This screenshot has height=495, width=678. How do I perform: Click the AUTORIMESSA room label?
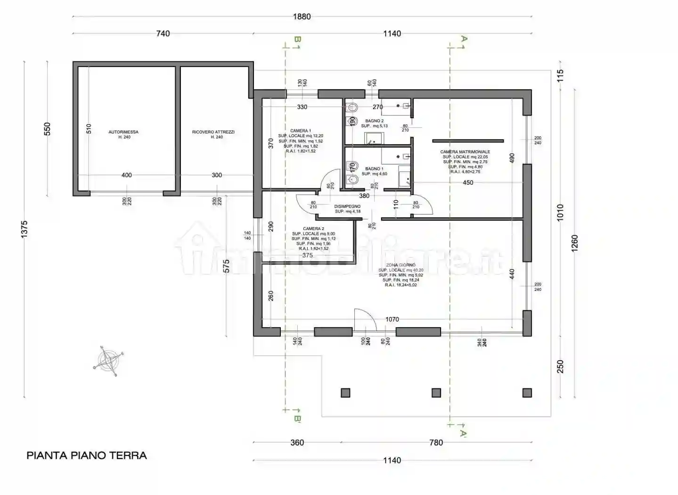coord(123,132)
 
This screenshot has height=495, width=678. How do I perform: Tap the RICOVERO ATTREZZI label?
coord(213,132)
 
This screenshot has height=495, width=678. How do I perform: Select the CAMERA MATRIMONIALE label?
coord(465,152)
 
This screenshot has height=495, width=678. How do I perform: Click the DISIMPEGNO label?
coord(347,206)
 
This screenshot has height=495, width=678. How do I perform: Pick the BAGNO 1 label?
coord(374,169)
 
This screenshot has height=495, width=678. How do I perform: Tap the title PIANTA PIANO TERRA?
coord(87,455)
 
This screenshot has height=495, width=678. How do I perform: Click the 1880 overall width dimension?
coord(302,16)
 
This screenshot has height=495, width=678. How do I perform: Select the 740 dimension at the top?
coord(163,33)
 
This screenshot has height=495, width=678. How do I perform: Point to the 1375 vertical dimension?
coord(25,229)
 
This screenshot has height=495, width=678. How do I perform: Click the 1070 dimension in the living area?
coord(392,319)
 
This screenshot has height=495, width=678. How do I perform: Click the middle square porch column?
coord(436,393)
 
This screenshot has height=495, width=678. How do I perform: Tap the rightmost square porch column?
coord(527,393)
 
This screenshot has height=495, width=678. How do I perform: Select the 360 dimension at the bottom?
coord(297,443)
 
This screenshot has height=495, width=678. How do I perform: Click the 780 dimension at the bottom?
coord(436,443)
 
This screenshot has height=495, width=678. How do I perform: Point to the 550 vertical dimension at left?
coord(47,129)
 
